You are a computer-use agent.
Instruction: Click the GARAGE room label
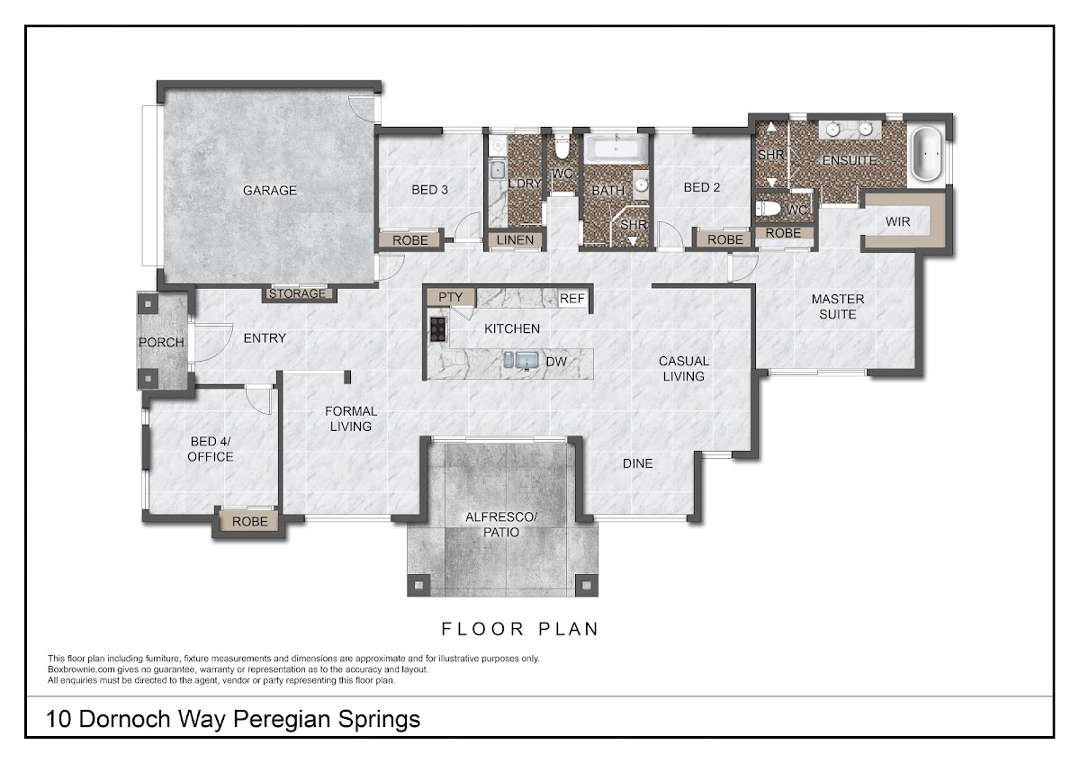(x=269, y=191)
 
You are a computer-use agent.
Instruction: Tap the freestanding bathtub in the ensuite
(x=927, y=154)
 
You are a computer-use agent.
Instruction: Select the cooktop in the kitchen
(x=437, y=329)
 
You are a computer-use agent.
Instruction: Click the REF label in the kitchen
(x=572, y=299)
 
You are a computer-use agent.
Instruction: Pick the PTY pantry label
(x=450, y=298)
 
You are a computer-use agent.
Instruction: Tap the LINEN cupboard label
(x=515, y=240)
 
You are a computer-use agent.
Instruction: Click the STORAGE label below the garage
(x=297, y=293)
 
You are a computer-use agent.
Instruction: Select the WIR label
(x=898, y=221)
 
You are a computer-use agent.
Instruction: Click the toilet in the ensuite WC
(x=768, y=209)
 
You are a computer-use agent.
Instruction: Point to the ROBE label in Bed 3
(x=409, y=240)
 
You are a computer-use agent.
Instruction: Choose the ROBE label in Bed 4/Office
(x=250, y=522)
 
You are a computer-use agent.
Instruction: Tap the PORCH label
(x=161, y=342)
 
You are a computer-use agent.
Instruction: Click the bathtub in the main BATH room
(x=616, y=148)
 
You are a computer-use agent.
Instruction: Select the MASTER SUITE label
(x=838, y=307)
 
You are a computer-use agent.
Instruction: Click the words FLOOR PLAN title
(x=520, y=629)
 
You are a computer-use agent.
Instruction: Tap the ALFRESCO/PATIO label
(x=501, y=525)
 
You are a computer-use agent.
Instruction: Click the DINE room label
(x=638, y=463)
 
